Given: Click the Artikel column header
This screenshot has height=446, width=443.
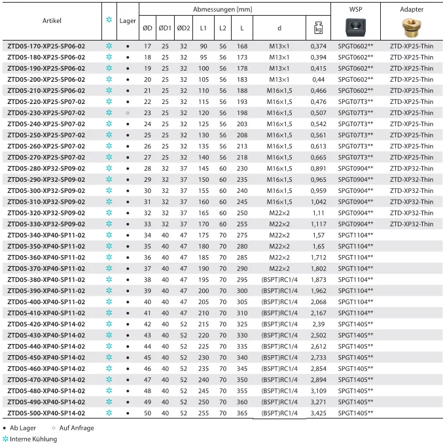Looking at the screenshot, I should click(52, 21).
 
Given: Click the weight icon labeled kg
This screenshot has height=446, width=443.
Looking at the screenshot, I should click(319, 28).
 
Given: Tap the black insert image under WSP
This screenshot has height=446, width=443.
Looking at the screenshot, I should click(356, 27).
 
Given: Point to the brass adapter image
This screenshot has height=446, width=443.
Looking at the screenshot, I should click(412, 27).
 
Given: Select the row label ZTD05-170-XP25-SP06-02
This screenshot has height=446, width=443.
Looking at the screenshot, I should click(46, 46).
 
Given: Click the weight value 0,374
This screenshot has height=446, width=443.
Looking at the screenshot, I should click(319, 46).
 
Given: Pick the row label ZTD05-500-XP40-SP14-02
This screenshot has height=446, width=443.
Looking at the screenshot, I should click(46, 413).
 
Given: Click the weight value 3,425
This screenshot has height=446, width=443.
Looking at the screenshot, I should click(319, 413).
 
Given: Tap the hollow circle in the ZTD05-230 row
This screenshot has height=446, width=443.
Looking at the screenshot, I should click(128, 113).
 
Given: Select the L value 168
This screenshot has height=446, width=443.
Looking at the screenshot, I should click(242, 46).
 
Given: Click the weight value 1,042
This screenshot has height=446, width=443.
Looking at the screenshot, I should click(319, 202).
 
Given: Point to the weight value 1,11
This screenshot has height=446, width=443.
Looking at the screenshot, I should click(319, 213).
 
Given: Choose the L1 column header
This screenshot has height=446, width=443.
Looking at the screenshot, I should click(204, 28).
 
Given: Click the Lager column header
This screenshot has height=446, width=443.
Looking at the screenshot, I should click(128, 21).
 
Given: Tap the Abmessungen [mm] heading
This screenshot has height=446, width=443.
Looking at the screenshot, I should click(222, 10).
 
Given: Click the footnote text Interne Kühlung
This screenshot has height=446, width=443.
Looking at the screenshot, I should click(33, 439).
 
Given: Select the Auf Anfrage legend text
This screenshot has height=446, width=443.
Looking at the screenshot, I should click(77, 428).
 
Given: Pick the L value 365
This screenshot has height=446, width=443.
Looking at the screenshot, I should click(242, 413).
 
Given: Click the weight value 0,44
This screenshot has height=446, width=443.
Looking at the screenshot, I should click(319, 80).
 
